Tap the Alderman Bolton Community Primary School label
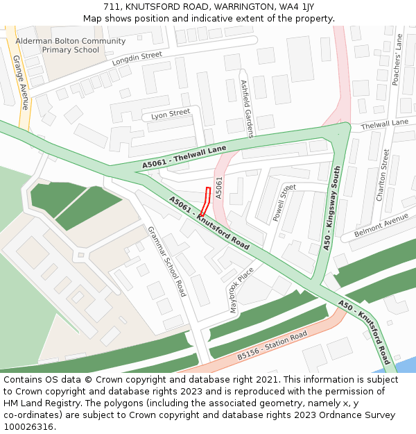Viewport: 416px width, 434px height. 70,46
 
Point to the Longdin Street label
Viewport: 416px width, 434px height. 137,59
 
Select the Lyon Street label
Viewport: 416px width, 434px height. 171,113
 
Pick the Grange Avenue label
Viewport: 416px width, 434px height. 21,82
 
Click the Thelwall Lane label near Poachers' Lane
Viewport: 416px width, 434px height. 384,124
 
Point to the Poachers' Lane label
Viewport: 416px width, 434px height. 397,60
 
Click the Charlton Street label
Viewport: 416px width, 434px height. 382,175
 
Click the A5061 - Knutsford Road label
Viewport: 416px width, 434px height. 209,223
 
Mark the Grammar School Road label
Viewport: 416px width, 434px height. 166,262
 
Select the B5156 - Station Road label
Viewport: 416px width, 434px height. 272,345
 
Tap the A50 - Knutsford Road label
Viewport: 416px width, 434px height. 365,332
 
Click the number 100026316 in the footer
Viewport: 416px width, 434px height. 30,426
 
